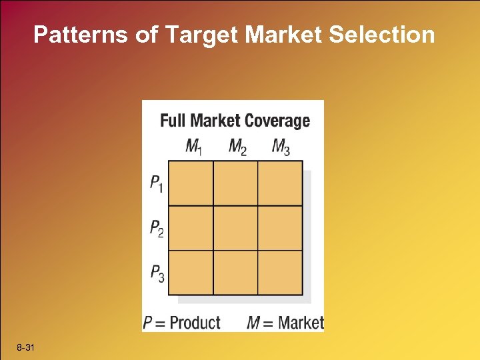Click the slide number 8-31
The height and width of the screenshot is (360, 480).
click(27, 349)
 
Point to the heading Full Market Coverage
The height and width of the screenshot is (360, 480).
click(235, 121)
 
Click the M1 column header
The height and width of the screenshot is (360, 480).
click(193, 147)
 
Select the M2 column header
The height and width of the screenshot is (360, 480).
click(237, 147)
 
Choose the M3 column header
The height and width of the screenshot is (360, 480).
click(280, 147)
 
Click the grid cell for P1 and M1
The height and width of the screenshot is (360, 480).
click(191, 183)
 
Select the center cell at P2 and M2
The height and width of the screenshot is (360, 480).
click(235, 228)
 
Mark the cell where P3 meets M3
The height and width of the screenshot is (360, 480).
click(280, 273)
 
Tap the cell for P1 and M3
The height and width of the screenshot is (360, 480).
click(280, 183)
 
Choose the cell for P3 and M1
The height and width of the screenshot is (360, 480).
click(191, 273)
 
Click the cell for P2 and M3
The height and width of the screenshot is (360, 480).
click(280, 228)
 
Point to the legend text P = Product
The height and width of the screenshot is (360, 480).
click(181, 323)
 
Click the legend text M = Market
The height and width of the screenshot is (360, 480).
click(285, 323)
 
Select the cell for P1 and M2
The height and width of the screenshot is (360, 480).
click(235, 183)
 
